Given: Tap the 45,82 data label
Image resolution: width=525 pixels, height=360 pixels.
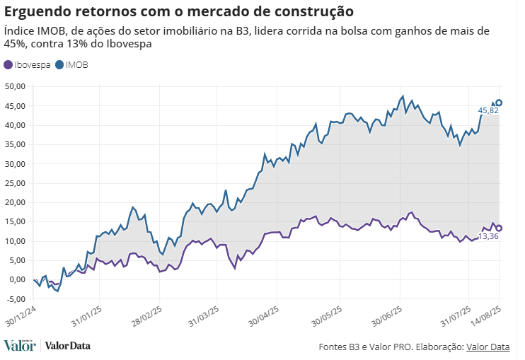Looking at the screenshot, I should pos(488,111).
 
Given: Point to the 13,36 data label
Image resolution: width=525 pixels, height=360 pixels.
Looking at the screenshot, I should pos(489,236).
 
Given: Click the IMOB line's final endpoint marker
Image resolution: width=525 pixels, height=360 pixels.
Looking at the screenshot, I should pos(499,103).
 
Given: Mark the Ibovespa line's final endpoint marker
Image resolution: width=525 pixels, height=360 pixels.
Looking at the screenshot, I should pos(499,228).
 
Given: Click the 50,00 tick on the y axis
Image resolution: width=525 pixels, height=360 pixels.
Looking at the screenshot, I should pos(15,87).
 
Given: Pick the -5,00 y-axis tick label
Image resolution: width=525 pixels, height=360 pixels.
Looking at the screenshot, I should pos(15,299).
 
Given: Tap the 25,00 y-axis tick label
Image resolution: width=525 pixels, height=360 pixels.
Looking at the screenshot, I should pos(15,183).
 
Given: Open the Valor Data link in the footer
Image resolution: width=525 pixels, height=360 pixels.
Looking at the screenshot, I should pos(487,347).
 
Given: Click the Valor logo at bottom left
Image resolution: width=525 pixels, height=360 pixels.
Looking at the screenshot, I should pos(19,346).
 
